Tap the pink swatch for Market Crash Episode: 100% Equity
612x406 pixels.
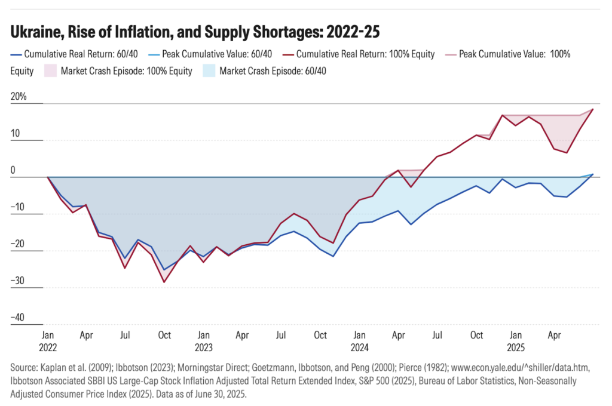point(51,71)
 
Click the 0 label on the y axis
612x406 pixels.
point(13,171)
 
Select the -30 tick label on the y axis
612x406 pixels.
point(18,281)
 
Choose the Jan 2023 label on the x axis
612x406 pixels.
point(203,341)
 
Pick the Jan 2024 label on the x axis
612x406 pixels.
point(359,341)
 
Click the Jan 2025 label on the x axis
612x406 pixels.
point(515,341)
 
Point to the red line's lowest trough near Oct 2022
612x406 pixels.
point(164,282)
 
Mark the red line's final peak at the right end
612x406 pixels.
point(593,109)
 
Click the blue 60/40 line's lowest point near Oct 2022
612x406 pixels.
point(164,270)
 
